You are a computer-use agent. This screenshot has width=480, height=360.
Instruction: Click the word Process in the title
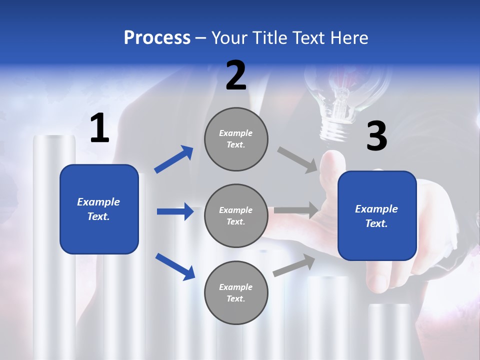157,38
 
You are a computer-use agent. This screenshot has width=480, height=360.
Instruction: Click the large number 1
99,128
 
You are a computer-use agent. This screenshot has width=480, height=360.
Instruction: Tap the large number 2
236,75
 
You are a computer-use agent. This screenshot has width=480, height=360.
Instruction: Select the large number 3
376,136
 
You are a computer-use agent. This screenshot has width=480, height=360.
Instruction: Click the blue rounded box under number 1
99,209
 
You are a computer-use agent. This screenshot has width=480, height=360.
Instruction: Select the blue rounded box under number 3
377,216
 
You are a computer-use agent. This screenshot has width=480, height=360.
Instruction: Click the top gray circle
236,139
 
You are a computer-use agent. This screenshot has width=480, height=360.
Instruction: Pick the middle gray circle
236,215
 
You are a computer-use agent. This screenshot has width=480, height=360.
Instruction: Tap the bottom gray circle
236,292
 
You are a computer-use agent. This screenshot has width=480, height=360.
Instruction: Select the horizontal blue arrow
175,211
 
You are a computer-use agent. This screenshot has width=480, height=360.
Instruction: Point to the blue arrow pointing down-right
175,266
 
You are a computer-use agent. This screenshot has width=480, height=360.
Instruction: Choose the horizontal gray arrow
296,210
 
